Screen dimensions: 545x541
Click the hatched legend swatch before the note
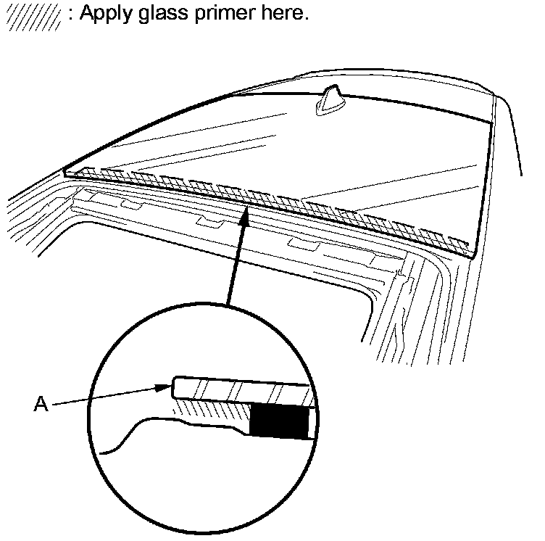[x=33, y=17]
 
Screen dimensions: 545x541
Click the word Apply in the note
[x=104, y=15]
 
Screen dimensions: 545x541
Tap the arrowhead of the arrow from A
[x=166, y=388]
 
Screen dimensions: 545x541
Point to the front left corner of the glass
[x=65, y=172]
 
